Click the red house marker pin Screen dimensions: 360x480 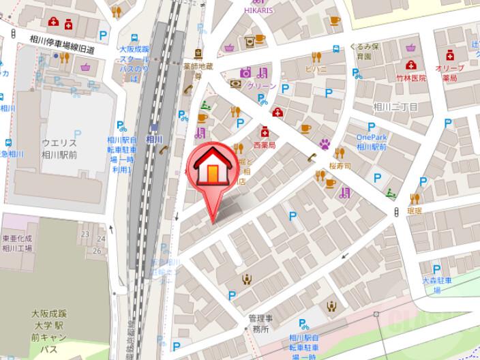pyautogui.click(x=211, y=170)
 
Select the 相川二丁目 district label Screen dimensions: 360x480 pyautogui.click(x=395, y=107)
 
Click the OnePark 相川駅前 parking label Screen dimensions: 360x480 pyautogui.click(x=372, y=142)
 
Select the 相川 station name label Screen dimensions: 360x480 pyautogui.click(x=155, y=139)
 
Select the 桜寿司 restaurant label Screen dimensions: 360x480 pyautogui.click(x=339, y=166)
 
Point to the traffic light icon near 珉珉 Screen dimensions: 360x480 pyautogui.click(x=397, y=214)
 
